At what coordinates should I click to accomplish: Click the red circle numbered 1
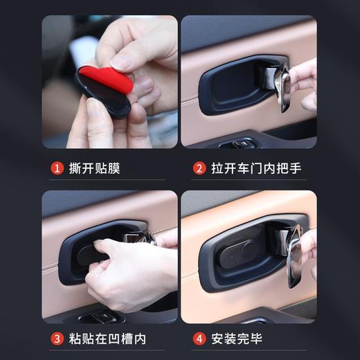pyautogui.click(x=58, y=168)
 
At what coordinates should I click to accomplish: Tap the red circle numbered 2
pyautogui.click(x=199, y=168)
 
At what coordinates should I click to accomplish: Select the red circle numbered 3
pyautogui.click(x=58, y=339)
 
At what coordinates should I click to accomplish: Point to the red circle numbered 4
pyautogui.click(x=199, y=339)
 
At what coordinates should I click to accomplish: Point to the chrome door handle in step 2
pyautogui.click(x=282, y=86)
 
